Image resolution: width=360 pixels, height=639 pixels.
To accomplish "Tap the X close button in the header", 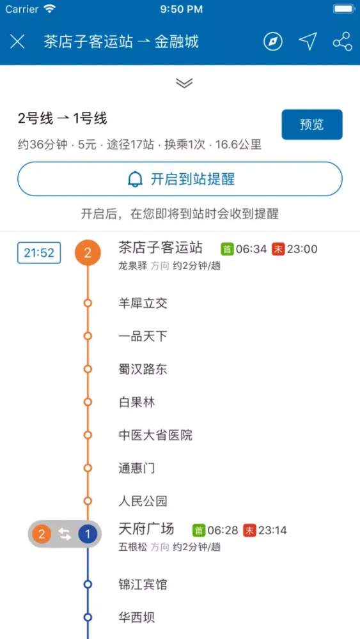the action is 17,42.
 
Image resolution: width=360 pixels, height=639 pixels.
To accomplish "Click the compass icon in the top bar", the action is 273,42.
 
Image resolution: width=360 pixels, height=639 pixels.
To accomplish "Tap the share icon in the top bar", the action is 342,42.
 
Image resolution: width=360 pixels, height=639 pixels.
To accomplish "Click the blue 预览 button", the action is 312,125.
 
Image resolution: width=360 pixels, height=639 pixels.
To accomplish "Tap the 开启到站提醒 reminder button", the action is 180,179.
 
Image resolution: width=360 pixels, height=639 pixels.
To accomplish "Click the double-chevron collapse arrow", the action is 184,82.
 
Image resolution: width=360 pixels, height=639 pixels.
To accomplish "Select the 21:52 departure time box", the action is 39,252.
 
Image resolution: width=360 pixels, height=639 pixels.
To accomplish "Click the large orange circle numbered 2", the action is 87,252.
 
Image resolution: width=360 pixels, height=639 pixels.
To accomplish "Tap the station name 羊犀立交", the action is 143,303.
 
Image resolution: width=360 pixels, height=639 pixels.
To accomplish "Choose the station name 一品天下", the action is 143,336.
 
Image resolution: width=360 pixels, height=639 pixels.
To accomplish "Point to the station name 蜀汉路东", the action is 143,369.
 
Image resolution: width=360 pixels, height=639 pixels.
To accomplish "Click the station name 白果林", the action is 137,402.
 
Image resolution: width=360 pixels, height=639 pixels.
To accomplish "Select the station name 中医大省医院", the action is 155,435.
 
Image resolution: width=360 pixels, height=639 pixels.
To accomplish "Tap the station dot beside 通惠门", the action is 87,468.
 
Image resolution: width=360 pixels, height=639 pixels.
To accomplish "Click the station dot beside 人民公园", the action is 87,501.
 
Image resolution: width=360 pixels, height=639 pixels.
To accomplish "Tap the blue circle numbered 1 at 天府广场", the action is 87,534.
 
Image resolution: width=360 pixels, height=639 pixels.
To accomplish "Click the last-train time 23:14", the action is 272,530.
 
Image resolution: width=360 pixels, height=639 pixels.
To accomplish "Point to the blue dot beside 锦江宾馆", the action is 87,585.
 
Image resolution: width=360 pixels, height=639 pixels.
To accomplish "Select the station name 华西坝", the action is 137,618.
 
